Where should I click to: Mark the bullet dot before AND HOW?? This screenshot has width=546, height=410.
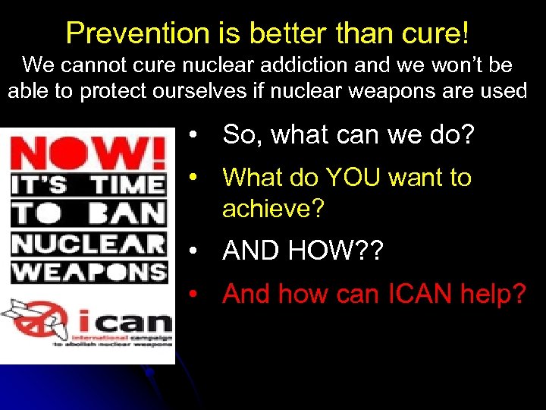196,251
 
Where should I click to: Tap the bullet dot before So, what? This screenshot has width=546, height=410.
196,136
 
